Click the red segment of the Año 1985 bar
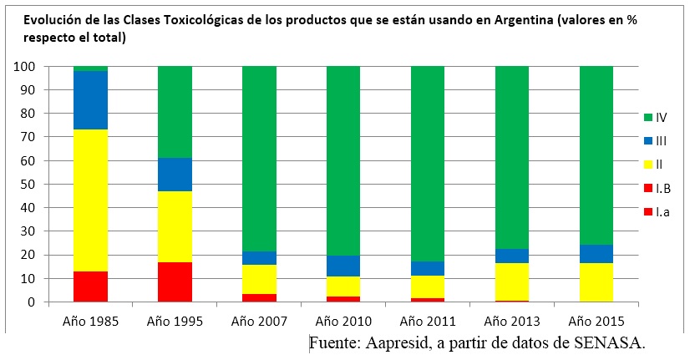tap(90, 286)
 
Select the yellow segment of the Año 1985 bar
tap(90, 200)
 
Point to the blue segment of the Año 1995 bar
tap(175, 175)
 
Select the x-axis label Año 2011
tap(428, 320)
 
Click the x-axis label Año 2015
tap(596, 320)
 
